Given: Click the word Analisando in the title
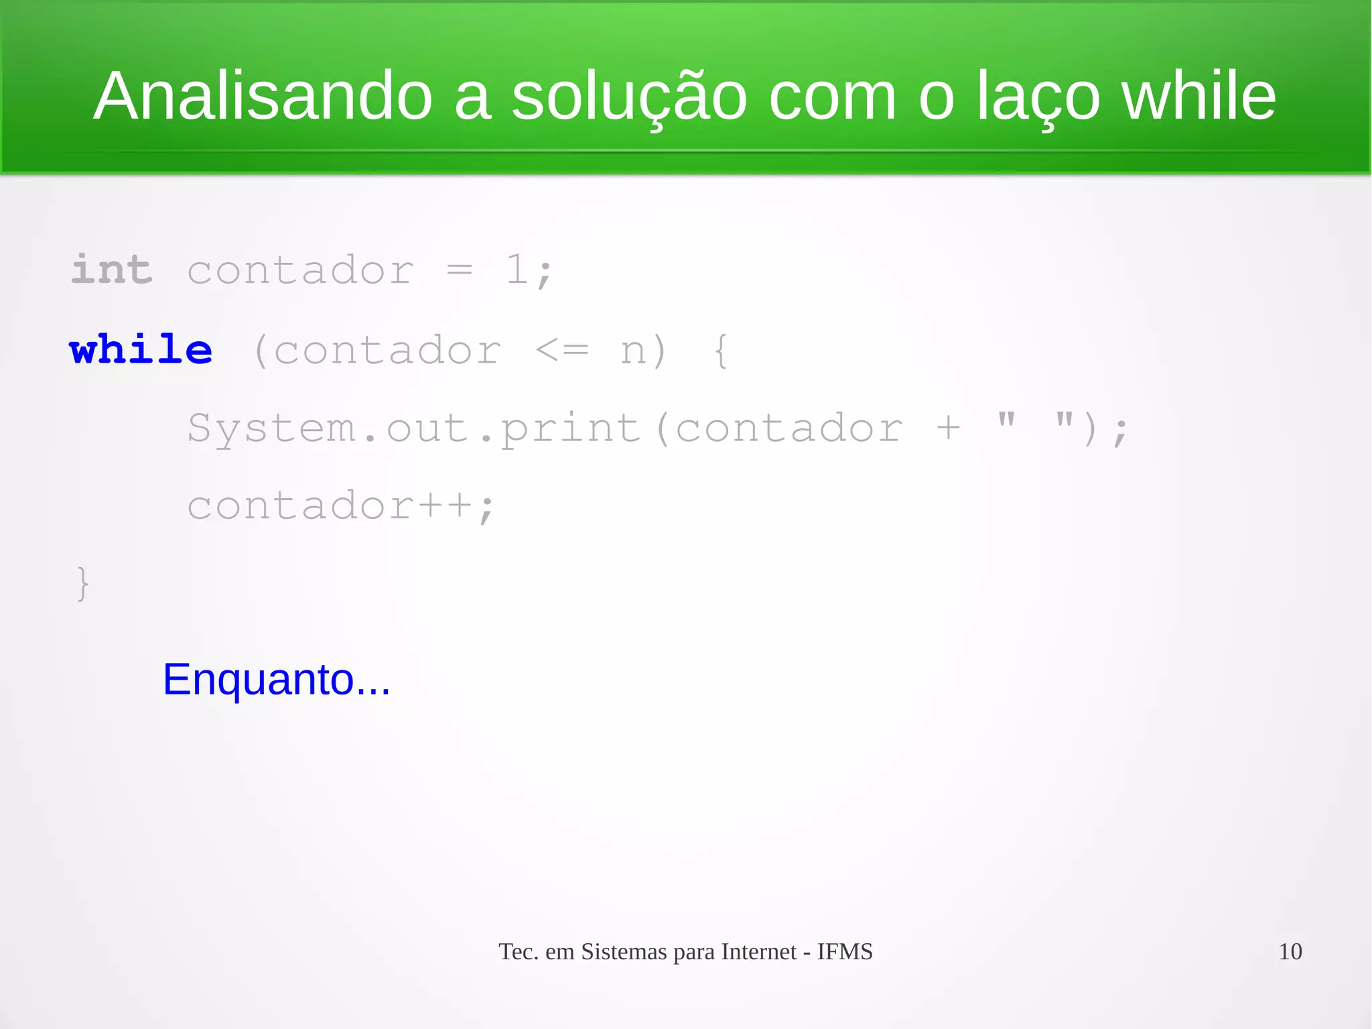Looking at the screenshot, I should (263, 97).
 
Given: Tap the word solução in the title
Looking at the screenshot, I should (629, 98).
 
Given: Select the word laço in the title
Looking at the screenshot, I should (1038, 98).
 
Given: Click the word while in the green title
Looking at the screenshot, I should (1198, 97).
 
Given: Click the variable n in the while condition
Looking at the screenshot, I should (634, 351).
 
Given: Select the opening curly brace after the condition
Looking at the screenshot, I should (721, 351).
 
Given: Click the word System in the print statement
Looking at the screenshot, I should (271, 428).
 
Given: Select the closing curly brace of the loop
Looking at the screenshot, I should (82, 583).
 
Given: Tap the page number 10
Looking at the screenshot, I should (1290, 951).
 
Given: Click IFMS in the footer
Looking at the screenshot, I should (845, 952).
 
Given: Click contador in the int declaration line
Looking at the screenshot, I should (300, 271).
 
